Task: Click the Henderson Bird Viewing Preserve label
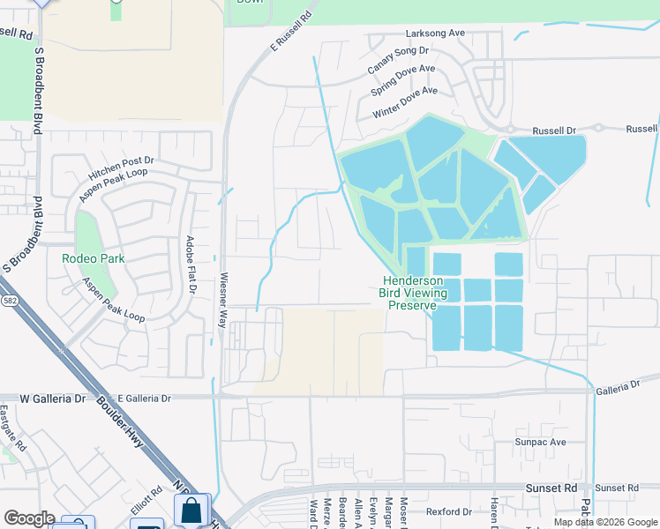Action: [x=414, y=293]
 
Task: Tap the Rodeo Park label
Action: [x=93, y=258]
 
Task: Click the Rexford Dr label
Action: [x=448, y=511]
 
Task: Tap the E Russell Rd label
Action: [x=291, y=30]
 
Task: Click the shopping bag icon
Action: [x=191, y=510]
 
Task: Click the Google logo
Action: [x=29, y=518]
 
